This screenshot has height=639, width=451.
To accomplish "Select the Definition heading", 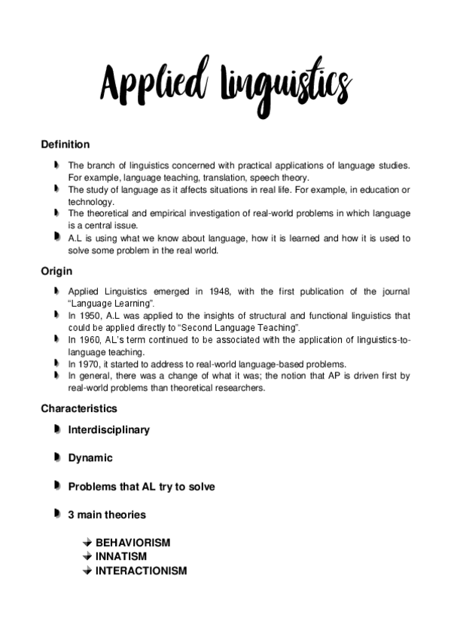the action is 66,144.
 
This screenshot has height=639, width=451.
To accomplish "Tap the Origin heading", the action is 56,271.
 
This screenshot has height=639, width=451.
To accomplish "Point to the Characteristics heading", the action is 79,408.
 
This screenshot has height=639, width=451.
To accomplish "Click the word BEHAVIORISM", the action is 133,543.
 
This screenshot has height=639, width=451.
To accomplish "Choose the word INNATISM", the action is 120,557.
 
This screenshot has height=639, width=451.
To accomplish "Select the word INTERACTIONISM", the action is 141,570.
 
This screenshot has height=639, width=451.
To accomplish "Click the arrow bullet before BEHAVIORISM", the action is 87,543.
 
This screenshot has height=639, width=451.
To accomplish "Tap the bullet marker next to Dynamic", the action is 57,457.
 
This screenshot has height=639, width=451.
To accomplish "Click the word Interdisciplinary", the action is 109,430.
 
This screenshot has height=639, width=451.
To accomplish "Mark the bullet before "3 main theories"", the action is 57,514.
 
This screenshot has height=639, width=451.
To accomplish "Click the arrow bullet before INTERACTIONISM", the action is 87,570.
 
